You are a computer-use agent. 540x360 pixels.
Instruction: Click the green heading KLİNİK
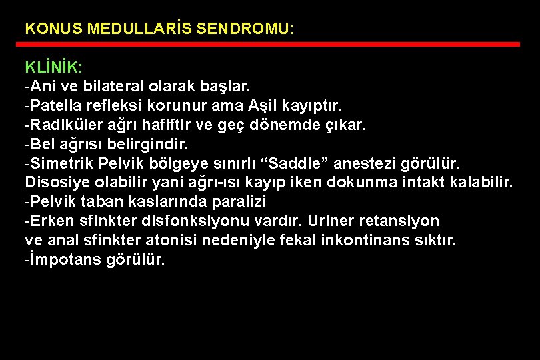(x=53, y=68)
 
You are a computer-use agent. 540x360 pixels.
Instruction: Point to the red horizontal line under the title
(x=271, y=45)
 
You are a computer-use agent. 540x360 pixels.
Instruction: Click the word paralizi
(x=238, y=201)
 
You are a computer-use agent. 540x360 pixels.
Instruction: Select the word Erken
(x=49, y=221)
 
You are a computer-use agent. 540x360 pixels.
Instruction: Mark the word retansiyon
(x=403, y=221)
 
